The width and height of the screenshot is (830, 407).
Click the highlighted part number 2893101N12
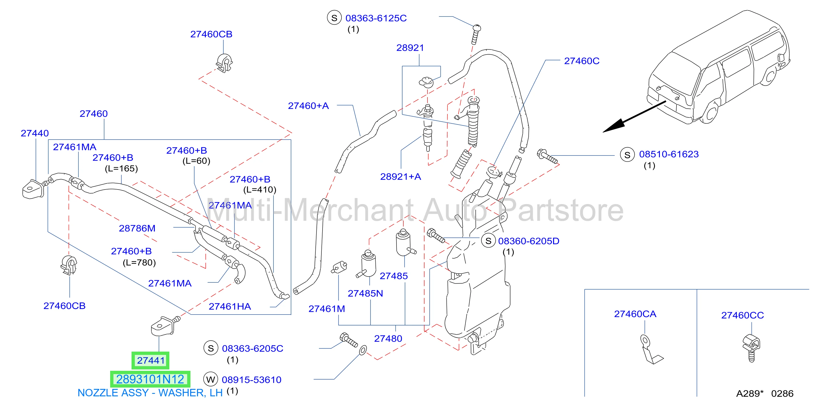[x=150, y=379]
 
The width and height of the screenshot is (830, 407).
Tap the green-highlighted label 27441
[x=150, y=360]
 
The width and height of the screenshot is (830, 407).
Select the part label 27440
[x=35, y=133]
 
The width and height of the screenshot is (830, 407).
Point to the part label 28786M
[x=137, y=228]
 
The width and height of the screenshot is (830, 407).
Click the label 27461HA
[x=230, y=306]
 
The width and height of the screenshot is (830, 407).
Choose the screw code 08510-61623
[x=669, y=154]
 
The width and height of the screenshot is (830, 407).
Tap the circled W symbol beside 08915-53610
[x=211, y=379]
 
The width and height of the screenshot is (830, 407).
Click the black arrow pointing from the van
[x=634, y=117]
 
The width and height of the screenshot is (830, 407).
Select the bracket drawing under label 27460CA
[x=650, y=350]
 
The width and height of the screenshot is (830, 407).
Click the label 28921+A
[x=401, y=177]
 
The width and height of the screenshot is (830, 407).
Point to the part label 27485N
[x=365, y=293]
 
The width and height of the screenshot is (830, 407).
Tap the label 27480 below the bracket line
[x=388, y=339]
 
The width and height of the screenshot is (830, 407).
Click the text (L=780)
[x=139, y=262]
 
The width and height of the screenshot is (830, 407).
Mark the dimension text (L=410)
[x=260, y=190]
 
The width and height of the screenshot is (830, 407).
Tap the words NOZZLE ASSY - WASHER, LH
[x=150, y=393]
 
